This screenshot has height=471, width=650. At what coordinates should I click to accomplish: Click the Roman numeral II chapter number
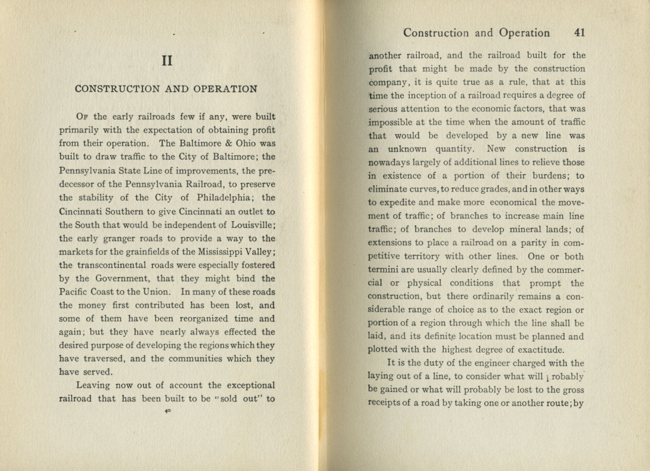point(167,61)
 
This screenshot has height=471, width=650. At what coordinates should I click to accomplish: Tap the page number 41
point(579,33)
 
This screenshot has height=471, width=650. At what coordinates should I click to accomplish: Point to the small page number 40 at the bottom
point(167,411)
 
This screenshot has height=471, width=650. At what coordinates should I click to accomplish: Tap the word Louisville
point(252,225)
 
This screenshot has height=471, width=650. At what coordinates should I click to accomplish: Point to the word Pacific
point(73,292)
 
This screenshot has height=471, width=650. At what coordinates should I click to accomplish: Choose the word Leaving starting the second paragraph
point(93,386)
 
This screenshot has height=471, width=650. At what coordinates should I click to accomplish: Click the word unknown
point(407,149)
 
